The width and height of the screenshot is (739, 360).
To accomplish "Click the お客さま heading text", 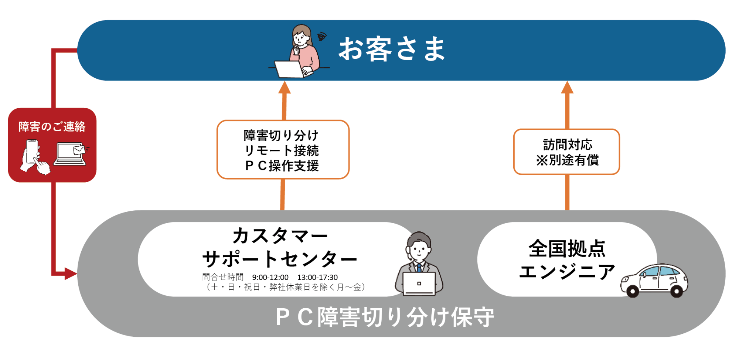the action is coord(392,49).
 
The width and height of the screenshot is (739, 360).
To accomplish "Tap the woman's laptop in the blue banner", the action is coord(290,69).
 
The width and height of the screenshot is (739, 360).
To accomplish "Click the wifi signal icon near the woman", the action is coord(322,36).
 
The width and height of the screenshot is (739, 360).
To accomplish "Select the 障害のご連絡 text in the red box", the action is coord(52,126).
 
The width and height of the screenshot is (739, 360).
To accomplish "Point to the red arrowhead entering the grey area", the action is coord(71,274).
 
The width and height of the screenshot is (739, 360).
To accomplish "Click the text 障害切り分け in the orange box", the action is coord(281,135).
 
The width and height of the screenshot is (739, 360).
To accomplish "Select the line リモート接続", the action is coord(281,150).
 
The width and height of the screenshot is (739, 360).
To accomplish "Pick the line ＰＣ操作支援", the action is coord(281,166).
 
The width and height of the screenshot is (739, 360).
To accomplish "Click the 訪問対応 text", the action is coord(568,145).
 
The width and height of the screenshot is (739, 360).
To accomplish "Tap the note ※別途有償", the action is coord(568,160).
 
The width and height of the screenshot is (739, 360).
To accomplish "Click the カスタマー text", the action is coord(280,235).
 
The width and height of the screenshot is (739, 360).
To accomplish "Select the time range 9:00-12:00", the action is coord(270,277).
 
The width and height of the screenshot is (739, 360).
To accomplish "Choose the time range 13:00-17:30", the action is coord(317,277).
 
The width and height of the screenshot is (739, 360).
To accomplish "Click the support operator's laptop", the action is coord(419,284).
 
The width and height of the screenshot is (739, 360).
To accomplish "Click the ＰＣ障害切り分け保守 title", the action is coord(384,317).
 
